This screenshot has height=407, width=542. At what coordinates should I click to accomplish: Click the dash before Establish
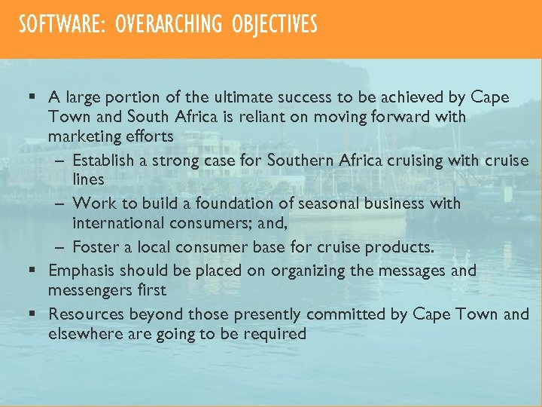(60, 161)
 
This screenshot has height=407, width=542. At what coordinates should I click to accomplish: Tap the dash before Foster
(60, 247)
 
